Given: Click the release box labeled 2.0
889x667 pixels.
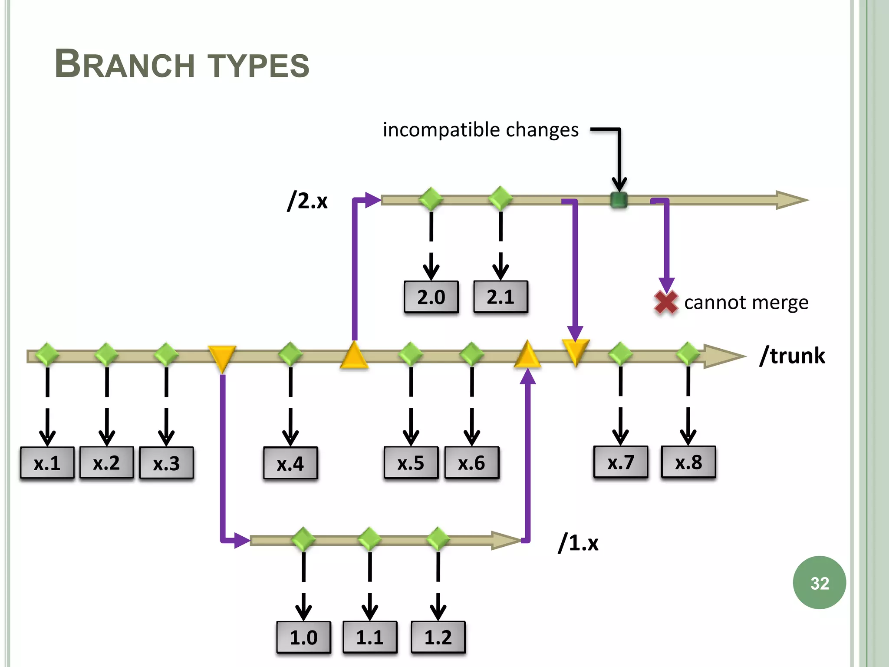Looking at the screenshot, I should pyautogui.click(x=431, y=297).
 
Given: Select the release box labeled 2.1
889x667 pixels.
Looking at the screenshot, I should pyautogui.click(x=500, y=297).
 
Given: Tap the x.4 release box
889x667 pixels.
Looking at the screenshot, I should pyautogui.click(x=290, y=463).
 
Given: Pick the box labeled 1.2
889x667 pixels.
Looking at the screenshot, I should pyautogui.click(x=438, y=637).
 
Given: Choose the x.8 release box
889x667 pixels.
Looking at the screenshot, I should pyautogui.click(x=688, y=462).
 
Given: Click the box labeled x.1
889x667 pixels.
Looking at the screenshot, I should pyautogui.click(x=47, y=463).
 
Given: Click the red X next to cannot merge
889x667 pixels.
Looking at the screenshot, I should pyautogui.click(x=665, y=302).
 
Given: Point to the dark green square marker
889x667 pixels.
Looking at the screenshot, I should pyautogui.click(x=619, y=200).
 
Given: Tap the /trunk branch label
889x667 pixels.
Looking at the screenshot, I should pyautogui.click(x=792, y=356).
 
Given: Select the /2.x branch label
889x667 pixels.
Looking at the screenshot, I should pyautogui.click(x=307, y=201).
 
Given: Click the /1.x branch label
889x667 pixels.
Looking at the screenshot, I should pyautogui.click(x=578, y=543).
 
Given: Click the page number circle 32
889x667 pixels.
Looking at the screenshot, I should pyautogui.click(x=819, y=583).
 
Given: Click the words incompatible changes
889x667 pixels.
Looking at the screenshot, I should pyautogui.click(x=481, y=130).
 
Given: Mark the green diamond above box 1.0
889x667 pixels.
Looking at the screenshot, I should pyautogui.click(x=303, y=540).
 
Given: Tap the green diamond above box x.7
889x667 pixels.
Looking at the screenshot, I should pyautogui.click(x=620, y=354).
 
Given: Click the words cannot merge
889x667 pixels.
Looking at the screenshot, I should pyautogui.click(x=746, y=303).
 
